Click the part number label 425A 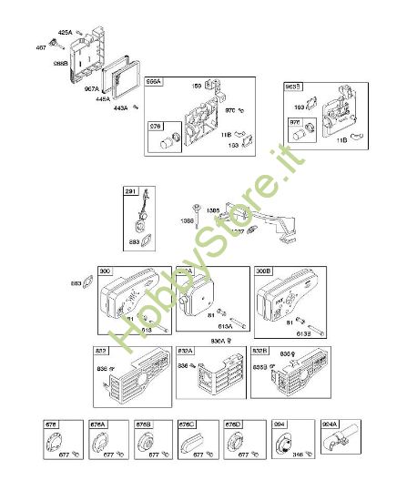coord(65,32)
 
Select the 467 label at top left coord(41,46)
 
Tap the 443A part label coord(121,108)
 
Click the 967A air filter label coord(92,89)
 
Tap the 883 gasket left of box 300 coord(76,284)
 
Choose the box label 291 coord(131,193)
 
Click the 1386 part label coord(187,221)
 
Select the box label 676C coord(188,424)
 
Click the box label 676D coord(232,424)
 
